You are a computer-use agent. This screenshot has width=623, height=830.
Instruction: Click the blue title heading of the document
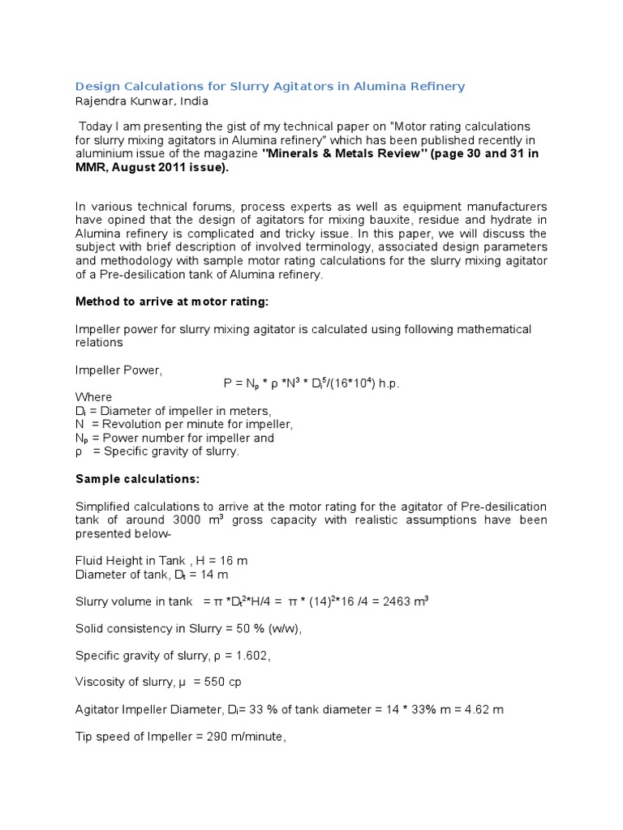click(x=270, y=87)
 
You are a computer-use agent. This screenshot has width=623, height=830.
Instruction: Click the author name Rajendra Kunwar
click(x=141, y=101)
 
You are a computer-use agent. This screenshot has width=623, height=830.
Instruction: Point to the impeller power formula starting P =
click(x=311, y=383)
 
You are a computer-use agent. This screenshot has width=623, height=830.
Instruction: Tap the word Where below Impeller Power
click(x=93, y=397)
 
